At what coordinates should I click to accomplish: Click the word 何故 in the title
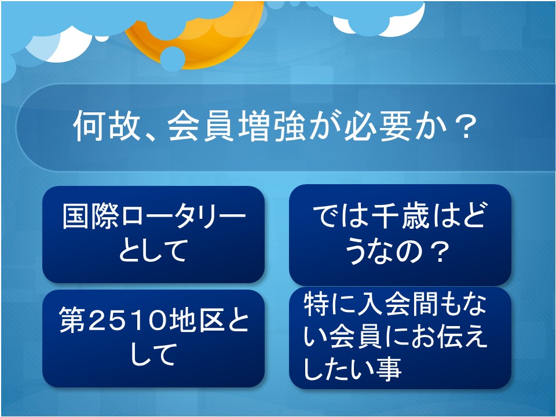(x=108, y=126)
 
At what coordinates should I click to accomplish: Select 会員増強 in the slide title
(x=237, y=126)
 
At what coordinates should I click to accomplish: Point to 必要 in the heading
(x=378, y=126)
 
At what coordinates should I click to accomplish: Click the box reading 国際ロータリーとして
(x=153, y=235)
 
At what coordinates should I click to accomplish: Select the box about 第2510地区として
(x=153, y=338)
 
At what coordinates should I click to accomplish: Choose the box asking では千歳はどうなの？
(x=400, y=235)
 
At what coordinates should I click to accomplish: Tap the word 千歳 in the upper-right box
(x=401, y=215)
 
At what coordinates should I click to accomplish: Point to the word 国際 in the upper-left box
(x=91, y=215)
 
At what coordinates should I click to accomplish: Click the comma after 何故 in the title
(x=150, y=136)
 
